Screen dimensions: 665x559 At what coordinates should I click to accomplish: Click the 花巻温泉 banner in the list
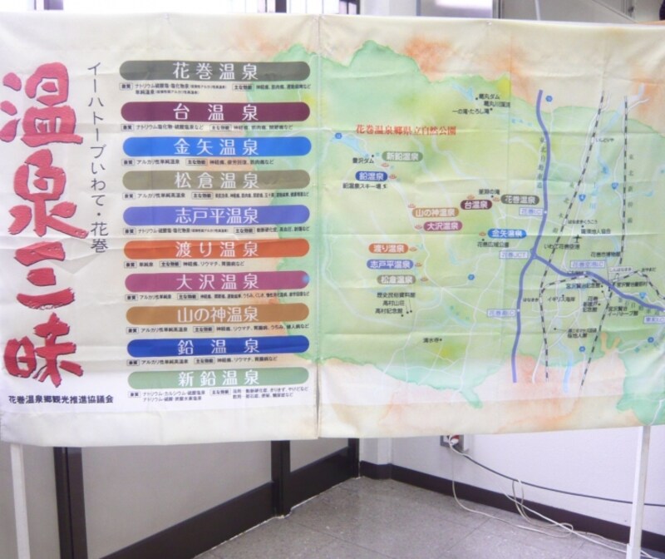click(214, 70)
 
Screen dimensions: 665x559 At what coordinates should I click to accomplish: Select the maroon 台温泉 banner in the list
click(214, 111)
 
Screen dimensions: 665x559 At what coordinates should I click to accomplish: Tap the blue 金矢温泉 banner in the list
click(215, 147)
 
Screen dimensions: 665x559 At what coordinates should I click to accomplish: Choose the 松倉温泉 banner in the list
click(215, 181)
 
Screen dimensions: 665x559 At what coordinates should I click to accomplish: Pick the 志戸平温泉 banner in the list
click(215, 215)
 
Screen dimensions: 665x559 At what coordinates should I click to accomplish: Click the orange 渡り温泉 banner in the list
click(215, 249)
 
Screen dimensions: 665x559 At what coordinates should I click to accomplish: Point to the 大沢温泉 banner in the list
click(215, 281)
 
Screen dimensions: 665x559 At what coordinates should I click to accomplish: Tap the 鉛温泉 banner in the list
click(215, 344)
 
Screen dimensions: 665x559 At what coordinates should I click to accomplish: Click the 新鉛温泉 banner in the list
click(215, 376)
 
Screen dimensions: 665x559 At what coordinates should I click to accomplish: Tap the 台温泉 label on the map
click(475, 203)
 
